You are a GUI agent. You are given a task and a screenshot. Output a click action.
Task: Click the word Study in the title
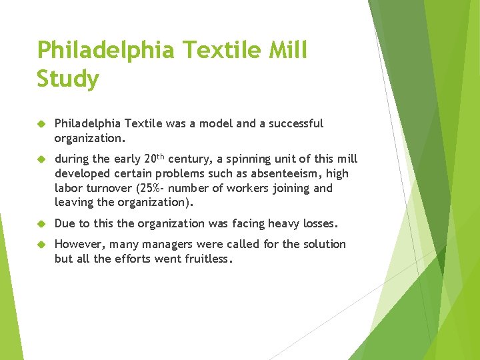coord(68,79)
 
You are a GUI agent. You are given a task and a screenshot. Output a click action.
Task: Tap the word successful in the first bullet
coord(296,123)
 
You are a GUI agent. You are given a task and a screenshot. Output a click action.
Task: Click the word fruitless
coord(207,259)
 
